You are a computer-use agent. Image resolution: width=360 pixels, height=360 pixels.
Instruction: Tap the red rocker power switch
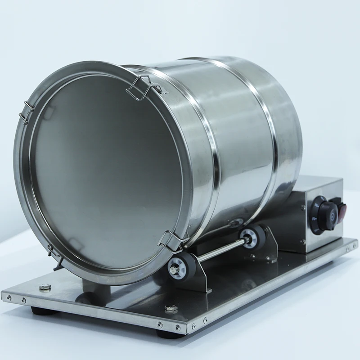[x=342, y=211]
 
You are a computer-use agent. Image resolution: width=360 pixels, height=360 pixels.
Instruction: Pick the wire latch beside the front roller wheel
[x=172, y=241]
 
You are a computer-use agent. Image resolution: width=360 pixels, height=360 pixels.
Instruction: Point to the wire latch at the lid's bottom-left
[x=54, y=252]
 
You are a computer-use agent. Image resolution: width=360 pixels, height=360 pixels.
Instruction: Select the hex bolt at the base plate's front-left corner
[x=44, y=287]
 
